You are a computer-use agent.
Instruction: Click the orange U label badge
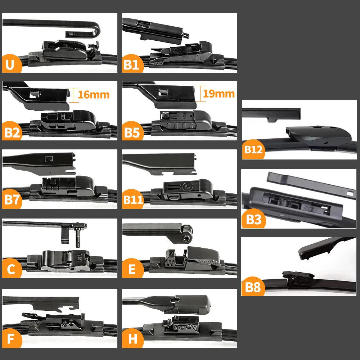tap(11, 64)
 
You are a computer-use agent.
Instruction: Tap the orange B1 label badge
tap(132, 64)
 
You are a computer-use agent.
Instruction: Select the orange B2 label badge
tap(12, 131)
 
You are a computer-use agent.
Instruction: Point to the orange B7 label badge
tap(12, 199)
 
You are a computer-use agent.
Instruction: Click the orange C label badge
tap(11, 268)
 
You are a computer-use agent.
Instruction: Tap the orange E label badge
tap(132, 268)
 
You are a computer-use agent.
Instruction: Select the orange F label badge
tap(11, 338)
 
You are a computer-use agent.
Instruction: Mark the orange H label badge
tap(132, 338)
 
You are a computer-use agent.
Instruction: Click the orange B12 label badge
tap(253, 149)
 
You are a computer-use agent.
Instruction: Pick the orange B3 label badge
tap(253, 219)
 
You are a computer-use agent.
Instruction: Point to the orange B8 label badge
tap(253, 287)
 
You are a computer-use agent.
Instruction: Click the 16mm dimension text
tap(94, 95)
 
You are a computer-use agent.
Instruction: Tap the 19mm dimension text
tap(219, 94)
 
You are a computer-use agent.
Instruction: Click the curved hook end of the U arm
tap(96, 30)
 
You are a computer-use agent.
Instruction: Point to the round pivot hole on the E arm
tap(185, 238)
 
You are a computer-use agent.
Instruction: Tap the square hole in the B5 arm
tap(163, 93)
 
